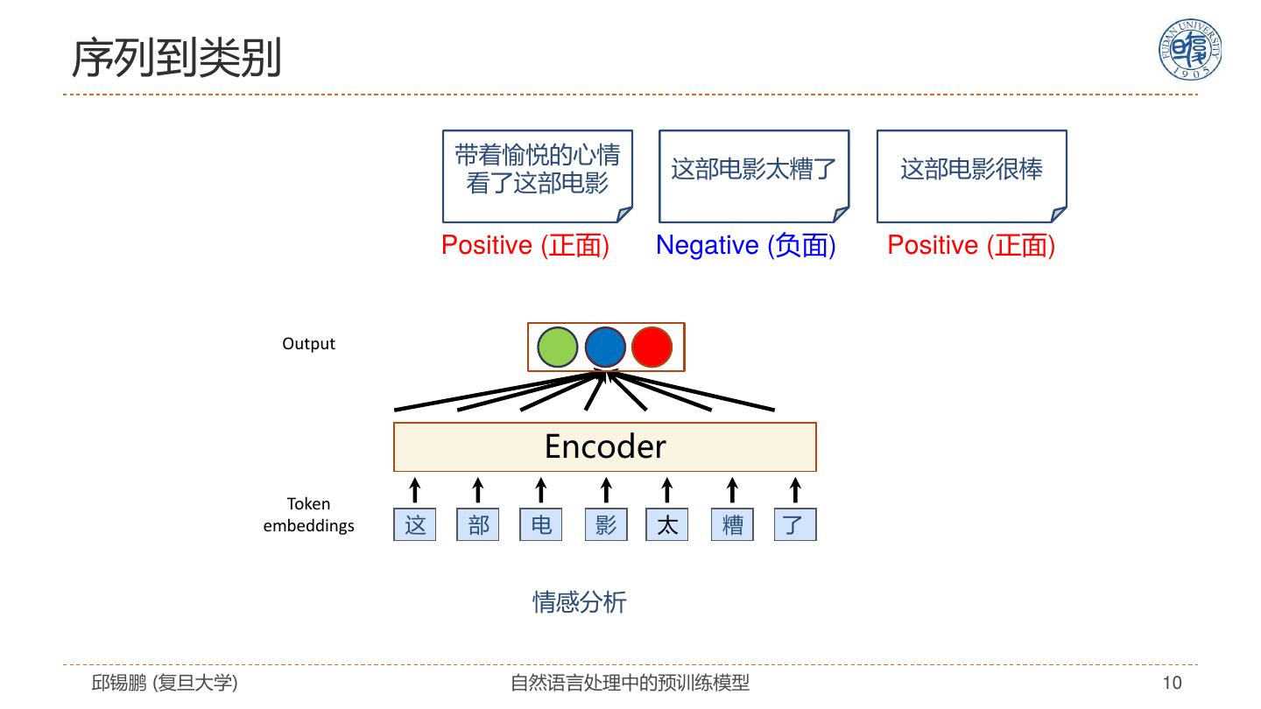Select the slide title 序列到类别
pyautogui.click(x=176, y=59)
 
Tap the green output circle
pyautogui.click(x=558, y=347)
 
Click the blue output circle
pyautogui.click(x=605, y=347)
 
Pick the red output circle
pyautogui.click(x=652, y=347)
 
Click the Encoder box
pyautogui.click(x=604, y=446)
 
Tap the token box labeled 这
pyautogui.click(x=415, y=524)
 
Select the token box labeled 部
pyautogui.click(x=478, y=524)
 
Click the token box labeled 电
pyautogui.click(x=541, y=524)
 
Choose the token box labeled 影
pyautogui.click(x=606, y=524)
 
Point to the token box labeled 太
pyautogui.click(x=667, y=524)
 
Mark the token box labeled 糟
pyautogui.click(x=732, y=524)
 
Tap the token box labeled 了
pyautogui.click(x=794, y=524)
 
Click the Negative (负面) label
pyautogui.click(x=746, y=245)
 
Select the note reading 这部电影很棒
pyautogui.click(x=971, y=175)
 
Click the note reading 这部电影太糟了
pyautogui.click(x=754, y=175)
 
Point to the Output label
pyautogui.click(x=308, y=344)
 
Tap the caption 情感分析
pyautogui.click(x=580, y=602)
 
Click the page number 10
pyautogui.click(x=1172, y=683)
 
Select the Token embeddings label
pyautogui.click(x=308, y=515)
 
